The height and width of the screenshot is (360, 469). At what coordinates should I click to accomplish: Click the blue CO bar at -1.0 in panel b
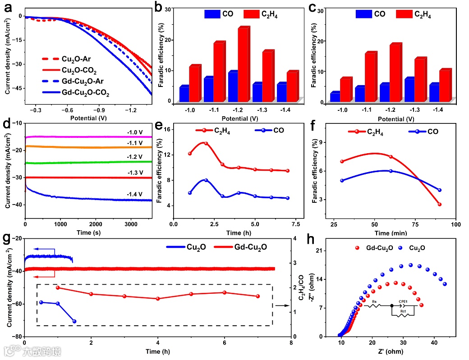pyautogui.click(x=184, y=93)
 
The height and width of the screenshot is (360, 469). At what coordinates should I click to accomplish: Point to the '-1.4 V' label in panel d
pyautogui.click(x=135, y=194)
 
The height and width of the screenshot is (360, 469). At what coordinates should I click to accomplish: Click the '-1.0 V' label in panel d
pyautogui.click(x=135, y=132)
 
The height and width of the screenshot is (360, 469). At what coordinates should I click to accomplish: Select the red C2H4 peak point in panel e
pyautogui.click(x=206, y=143)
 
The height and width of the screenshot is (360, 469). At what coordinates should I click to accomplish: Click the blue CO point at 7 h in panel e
pyautogui.click(x=287, y=198)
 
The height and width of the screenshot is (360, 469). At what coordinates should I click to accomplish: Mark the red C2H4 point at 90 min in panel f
pyautogui.click(x=440, y=205)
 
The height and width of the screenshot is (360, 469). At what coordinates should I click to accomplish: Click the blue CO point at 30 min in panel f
pyautogui.click(x=342, y=181)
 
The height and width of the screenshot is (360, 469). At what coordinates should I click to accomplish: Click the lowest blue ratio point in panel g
pyautogui.click(x=74, y=321)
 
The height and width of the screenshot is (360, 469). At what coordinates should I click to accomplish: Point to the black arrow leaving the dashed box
pyautogui.click(x=282, y=305)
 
